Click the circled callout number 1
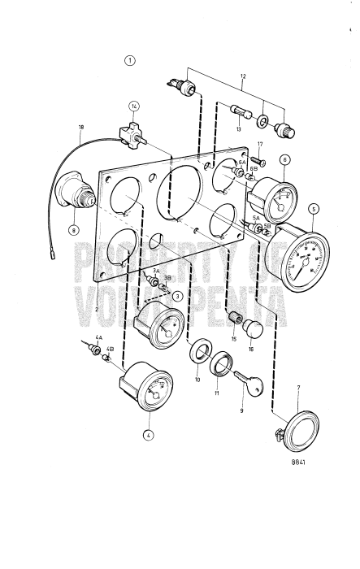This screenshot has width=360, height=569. [x=129, y=59]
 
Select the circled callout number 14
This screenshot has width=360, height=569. [x=134, y=106]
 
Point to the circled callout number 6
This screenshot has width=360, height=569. [x=284, y=161]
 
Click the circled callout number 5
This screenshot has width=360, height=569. [x=314, y=207]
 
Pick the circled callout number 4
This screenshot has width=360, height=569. [x=149, y=435]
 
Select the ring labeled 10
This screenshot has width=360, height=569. [x=198, y=354]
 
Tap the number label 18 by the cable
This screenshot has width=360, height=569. [x=80, y=128]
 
